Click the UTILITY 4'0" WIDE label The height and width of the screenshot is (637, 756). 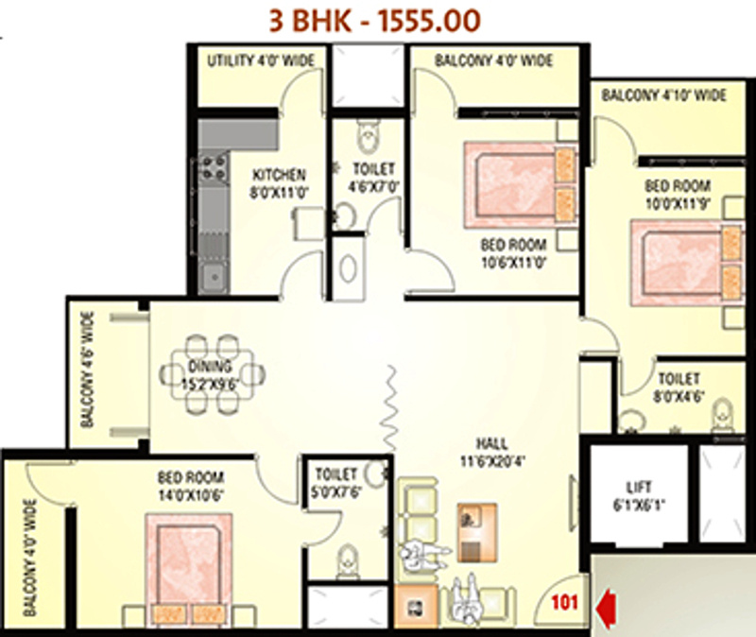coord(262,61)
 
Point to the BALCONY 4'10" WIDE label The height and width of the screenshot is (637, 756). coord(663,95)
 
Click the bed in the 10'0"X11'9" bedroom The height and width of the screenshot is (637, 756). coord(688,260)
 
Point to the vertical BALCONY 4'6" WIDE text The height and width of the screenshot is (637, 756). coord(87,371)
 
